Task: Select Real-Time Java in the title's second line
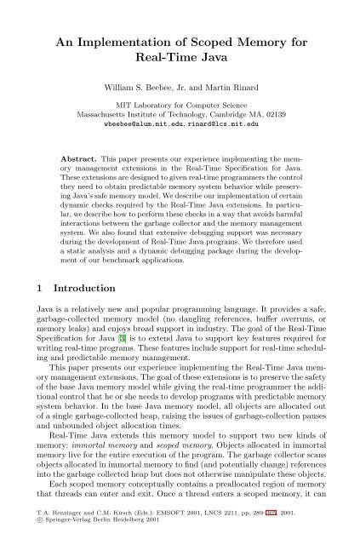[180, 64]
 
